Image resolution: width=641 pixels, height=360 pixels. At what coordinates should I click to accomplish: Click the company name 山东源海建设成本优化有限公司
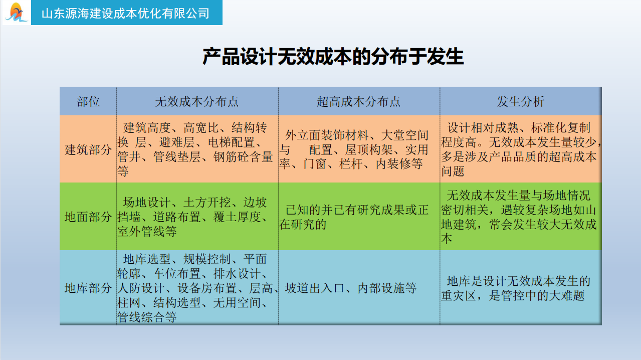125,13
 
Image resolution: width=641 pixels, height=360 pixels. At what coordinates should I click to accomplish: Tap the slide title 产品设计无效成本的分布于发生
333,57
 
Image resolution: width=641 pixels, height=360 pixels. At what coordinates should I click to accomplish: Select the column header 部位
88,102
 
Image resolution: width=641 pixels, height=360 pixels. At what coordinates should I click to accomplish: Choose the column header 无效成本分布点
197,102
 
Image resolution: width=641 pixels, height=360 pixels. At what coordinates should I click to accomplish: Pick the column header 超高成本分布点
359,102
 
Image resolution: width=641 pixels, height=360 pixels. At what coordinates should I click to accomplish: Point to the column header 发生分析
520,102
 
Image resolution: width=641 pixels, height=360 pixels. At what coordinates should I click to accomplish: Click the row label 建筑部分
88,149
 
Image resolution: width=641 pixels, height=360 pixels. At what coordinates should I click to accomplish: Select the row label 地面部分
88,217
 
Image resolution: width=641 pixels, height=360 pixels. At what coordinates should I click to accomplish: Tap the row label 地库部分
88,288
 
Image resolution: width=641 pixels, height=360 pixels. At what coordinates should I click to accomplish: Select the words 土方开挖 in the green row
207,203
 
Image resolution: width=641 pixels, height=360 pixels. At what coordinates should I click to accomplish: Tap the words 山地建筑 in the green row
584,210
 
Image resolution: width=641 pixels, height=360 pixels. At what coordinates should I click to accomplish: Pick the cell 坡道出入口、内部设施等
351,288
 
